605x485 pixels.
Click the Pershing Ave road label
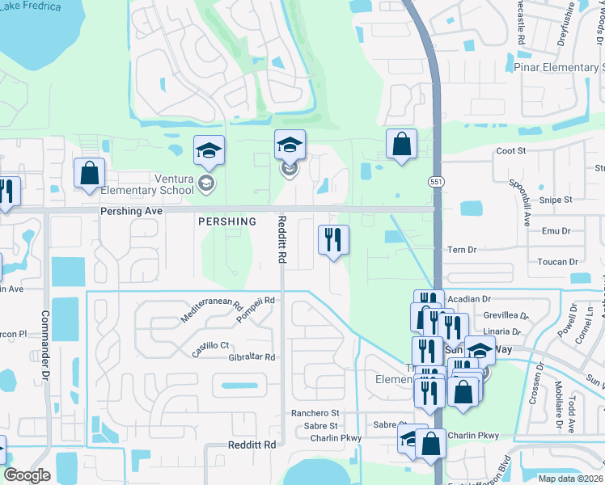pos(132,210)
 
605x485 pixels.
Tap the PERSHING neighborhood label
pos(227,221)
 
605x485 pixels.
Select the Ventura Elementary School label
pos(148,184)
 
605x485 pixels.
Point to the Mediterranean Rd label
pos(212,308)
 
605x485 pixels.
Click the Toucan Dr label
pos(558,262)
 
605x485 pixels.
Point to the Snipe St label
pos(556,199)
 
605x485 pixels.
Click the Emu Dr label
pos(556,231)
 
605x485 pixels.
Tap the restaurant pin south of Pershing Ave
pos(333,239)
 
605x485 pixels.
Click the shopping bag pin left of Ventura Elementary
pos(90,172)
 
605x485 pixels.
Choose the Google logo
pos(27,475)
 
